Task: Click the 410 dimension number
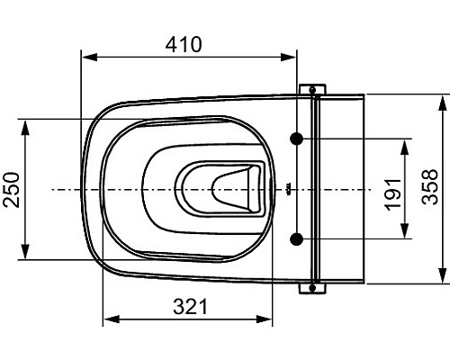(x=184, y=45)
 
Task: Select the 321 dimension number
(x=190, y=307)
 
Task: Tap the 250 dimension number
(x=12, y=190)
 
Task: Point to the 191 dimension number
(x=392, y=194)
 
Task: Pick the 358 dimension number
(x=429, y=187)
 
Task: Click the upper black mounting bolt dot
(x=297, y=139)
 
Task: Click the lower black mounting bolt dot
(x=297, y=239)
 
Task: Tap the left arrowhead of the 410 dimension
(x=90, y=57)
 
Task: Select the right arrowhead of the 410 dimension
(x=288, y=57)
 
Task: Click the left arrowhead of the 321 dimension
(x=112, y=319)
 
